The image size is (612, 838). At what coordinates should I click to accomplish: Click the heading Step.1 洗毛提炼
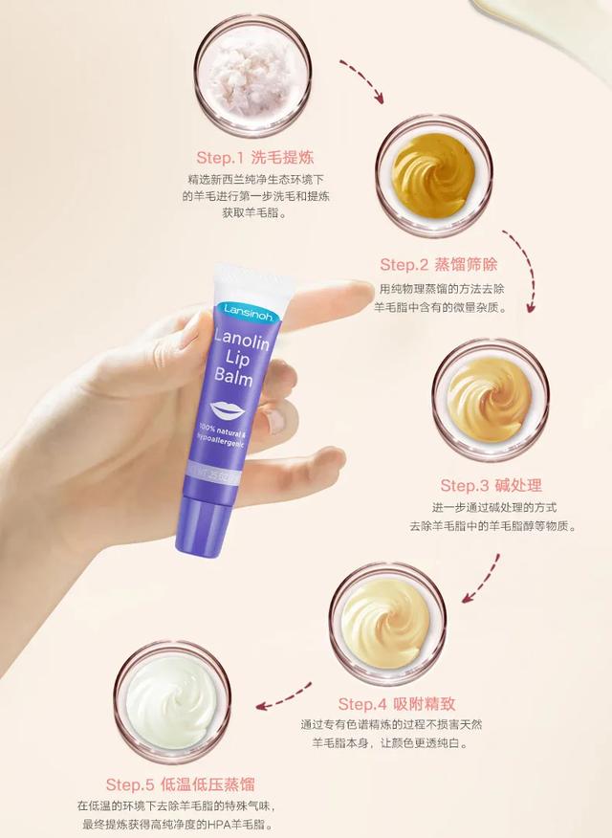(x=254, y=157)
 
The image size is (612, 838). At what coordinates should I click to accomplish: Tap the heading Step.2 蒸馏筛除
(x=438, y=264)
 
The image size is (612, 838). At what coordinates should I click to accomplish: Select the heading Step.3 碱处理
(x=491, y=485)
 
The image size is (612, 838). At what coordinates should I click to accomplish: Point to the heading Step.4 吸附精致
(x=397, y=703)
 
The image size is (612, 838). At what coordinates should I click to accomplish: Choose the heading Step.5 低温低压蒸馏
(x=180, y=784)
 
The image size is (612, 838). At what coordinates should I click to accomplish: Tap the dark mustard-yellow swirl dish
(x=434, y=175)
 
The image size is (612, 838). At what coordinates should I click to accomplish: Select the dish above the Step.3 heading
(x=491, y=400)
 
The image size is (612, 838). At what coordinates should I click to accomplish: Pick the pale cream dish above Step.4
(x=387, y=623)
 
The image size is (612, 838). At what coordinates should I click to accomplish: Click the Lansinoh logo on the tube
(x=249, y=312)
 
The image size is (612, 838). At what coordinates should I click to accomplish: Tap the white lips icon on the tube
(x=228, y=410)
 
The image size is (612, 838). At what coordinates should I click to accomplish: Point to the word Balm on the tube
(x=233, y=376)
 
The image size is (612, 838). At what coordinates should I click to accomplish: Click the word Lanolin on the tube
(x=241, y=340)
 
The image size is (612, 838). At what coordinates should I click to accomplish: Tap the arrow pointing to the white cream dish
(x=283, y=697)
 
